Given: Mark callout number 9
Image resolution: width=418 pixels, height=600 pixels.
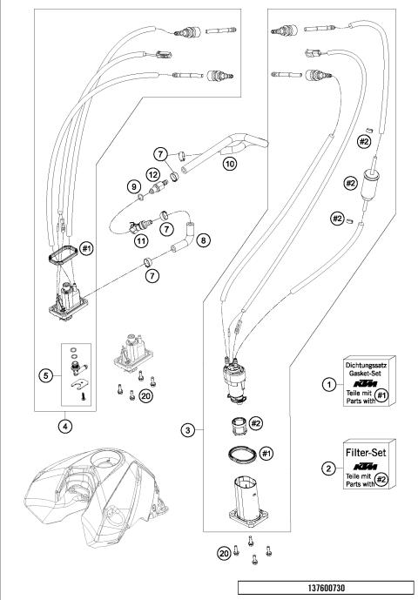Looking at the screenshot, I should point(134,185).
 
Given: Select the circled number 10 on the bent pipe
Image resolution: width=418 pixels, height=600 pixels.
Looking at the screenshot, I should point(230,161).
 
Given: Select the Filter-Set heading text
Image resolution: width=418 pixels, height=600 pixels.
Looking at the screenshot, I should point(368,454).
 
